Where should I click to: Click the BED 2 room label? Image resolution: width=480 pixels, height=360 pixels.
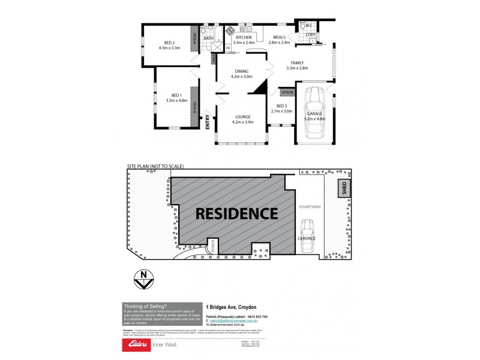tap(169, 43)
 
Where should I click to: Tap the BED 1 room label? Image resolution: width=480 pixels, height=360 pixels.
tap(176, 95)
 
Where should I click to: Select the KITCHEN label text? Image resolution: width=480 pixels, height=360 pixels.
tap(244, 37)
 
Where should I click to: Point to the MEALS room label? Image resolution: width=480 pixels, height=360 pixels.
tap(279, 37)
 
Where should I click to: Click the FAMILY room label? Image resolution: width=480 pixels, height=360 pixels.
tap(298, 63)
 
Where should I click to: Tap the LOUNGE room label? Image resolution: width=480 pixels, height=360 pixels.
tap(242, 116)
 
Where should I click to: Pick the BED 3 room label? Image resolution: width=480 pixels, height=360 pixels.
tap(281, 106)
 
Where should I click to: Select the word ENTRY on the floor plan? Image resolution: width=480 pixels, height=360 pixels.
tap(208, 122)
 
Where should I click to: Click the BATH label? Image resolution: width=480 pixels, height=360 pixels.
tap(208, 38)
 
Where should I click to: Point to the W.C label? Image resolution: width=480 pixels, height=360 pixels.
tap(308, 26)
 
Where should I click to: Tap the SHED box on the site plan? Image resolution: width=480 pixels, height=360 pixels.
tap(344, 188)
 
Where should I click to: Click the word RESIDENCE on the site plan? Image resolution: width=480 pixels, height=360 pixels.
tap(236, 214)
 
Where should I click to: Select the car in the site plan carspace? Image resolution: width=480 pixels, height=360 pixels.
tap(308, 230)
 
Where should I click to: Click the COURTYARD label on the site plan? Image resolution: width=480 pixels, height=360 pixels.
tap(310, 207)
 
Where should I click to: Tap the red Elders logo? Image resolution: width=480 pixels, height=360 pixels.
tap(137, 345)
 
